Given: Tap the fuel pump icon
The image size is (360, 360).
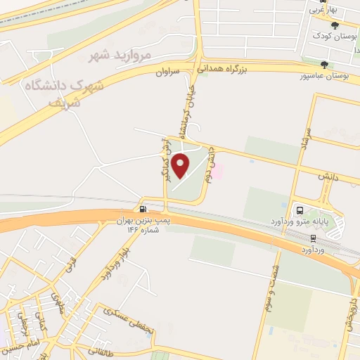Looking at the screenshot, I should tap(143, 209).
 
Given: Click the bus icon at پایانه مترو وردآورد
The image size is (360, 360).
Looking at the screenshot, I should tap(300, 210).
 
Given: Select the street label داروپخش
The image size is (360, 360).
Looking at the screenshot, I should tap(349, 310).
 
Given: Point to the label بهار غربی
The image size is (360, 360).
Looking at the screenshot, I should tap(323, 11).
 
